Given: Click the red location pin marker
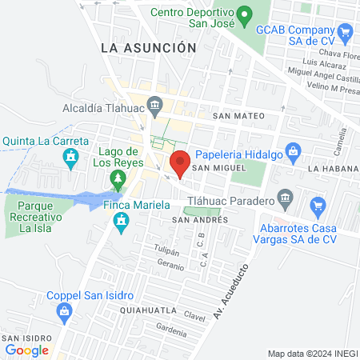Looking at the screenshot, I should (x=180, y=162).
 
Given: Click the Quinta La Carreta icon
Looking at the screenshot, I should (x=74, y=158).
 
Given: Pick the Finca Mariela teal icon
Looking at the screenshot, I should (x=122, y=220).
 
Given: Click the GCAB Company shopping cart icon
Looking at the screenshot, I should (x=345, y=33).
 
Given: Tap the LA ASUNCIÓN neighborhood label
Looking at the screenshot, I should (x=149, y=48).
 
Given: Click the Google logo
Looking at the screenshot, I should (x=26, y=350).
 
